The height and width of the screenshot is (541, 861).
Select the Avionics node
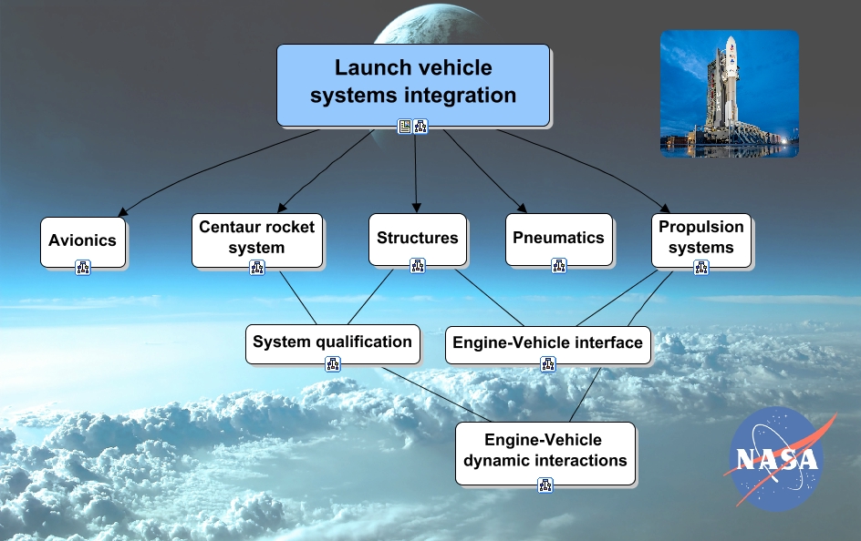(83, 241)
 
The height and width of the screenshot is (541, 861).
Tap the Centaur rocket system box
(256, 239)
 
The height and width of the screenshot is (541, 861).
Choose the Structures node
(418, 239)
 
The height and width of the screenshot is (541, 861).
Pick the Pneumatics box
(558, 239)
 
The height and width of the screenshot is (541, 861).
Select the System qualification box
(332, 343)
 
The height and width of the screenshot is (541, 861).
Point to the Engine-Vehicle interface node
(547, 344)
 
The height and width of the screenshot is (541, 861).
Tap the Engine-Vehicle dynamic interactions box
(545, 451)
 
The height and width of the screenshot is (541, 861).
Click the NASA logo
(776, 458)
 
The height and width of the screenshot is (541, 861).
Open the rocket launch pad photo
(729, 94)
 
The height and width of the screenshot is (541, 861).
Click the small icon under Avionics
(83, 267)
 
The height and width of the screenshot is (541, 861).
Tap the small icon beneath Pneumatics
(558, 266)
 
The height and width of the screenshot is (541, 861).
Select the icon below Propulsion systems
(700, 267)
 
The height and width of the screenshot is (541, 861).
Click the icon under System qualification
(332, 364)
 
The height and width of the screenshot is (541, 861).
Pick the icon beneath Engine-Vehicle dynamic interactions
(545, 485)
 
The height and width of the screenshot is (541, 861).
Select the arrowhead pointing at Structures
(417, 208)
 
